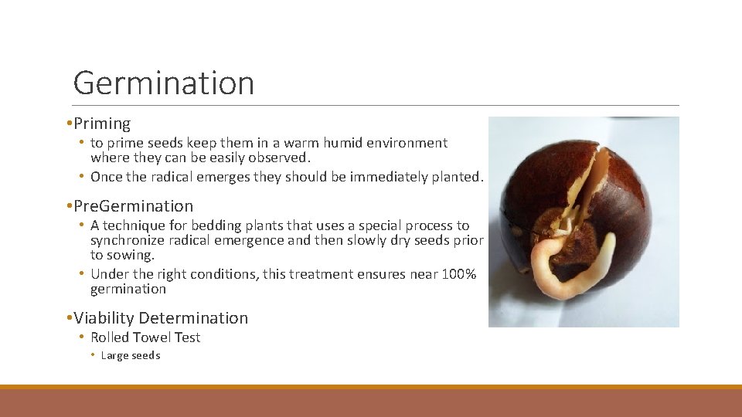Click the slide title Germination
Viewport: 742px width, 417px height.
[163, 83]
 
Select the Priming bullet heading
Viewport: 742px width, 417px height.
[102, 124]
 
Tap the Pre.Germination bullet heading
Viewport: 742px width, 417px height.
[133, 206]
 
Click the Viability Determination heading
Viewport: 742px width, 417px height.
[161, 318]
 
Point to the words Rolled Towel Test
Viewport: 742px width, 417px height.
[145, 337]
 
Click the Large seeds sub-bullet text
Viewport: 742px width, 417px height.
[131, 356]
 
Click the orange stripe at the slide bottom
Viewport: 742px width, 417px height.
[371, 387]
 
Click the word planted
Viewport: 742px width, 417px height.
[458, 177]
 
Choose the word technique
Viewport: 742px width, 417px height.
[131, 225]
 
